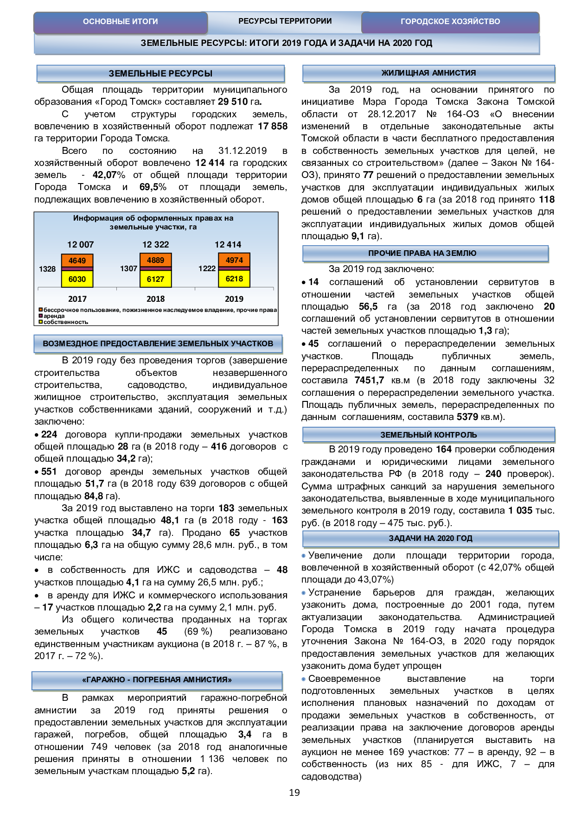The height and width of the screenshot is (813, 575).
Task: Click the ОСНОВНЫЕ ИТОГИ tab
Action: pyautogui.click(x=120, y=22)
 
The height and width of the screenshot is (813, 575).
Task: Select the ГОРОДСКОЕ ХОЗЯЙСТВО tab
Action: pyautogui.click(x=450, y=22)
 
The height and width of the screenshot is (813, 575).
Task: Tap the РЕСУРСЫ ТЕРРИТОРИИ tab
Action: pyautogui.click(x=285, y=21)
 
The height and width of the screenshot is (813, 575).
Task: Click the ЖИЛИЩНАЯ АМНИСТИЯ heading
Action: pyautogui.click(x=428, y=73)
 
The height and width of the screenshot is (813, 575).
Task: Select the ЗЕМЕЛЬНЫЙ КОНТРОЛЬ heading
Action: pyautogui.click(x=428, y=435)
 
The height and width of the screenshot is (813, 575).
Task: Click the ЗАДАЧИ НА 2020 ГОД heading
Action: pyautogui.click(x=430, y=539)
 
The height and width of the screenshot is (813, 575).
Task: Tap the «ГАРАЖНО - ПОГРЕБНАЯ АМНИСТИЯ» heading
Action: pyautogui.click(x=157, y=680)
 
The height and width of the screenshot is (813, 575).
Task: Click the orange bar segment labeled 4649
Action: pyautogui.click(x=77, y=260)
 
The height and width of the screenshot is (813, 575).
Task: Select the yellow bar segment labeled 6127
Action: pyautogui.click(x=156, y=279)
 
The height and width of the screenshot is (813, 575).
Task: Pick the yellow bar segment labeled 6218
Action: pyautogui.click(x=234, y=279)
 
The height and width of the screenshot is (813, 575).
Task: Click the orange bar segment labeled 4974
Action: pyautogui.click(x=234, y=260)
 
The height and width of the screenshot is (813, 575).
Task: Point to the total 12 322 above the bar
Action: pyautogui.click(x=155, y=245)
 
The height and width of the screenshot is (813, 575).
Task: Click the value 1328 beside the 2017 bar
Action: pyautogui.click(x=47, y=269)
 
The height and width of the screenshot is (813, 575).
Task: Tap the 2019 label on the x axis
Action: pyautogui.click(x=234, y=299)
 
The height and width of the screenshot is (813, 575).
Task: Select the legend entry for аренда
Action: pyautogui.click(x=54, y=316)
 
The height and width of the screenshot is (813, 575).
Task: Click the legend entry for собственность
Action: pyautogui.click(x=65, y=322)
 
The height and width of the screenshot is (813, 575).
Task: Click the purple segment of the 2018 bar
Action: pyautogui.click(x=156, y=268)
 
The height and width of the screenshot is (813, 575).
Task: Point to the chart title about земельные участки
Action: pyautogui.click(x=153, y=222)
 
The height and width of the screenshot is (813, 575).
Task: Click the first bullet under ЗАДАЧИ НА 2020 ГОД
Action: pyautogui.click(x=304, y=556)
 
